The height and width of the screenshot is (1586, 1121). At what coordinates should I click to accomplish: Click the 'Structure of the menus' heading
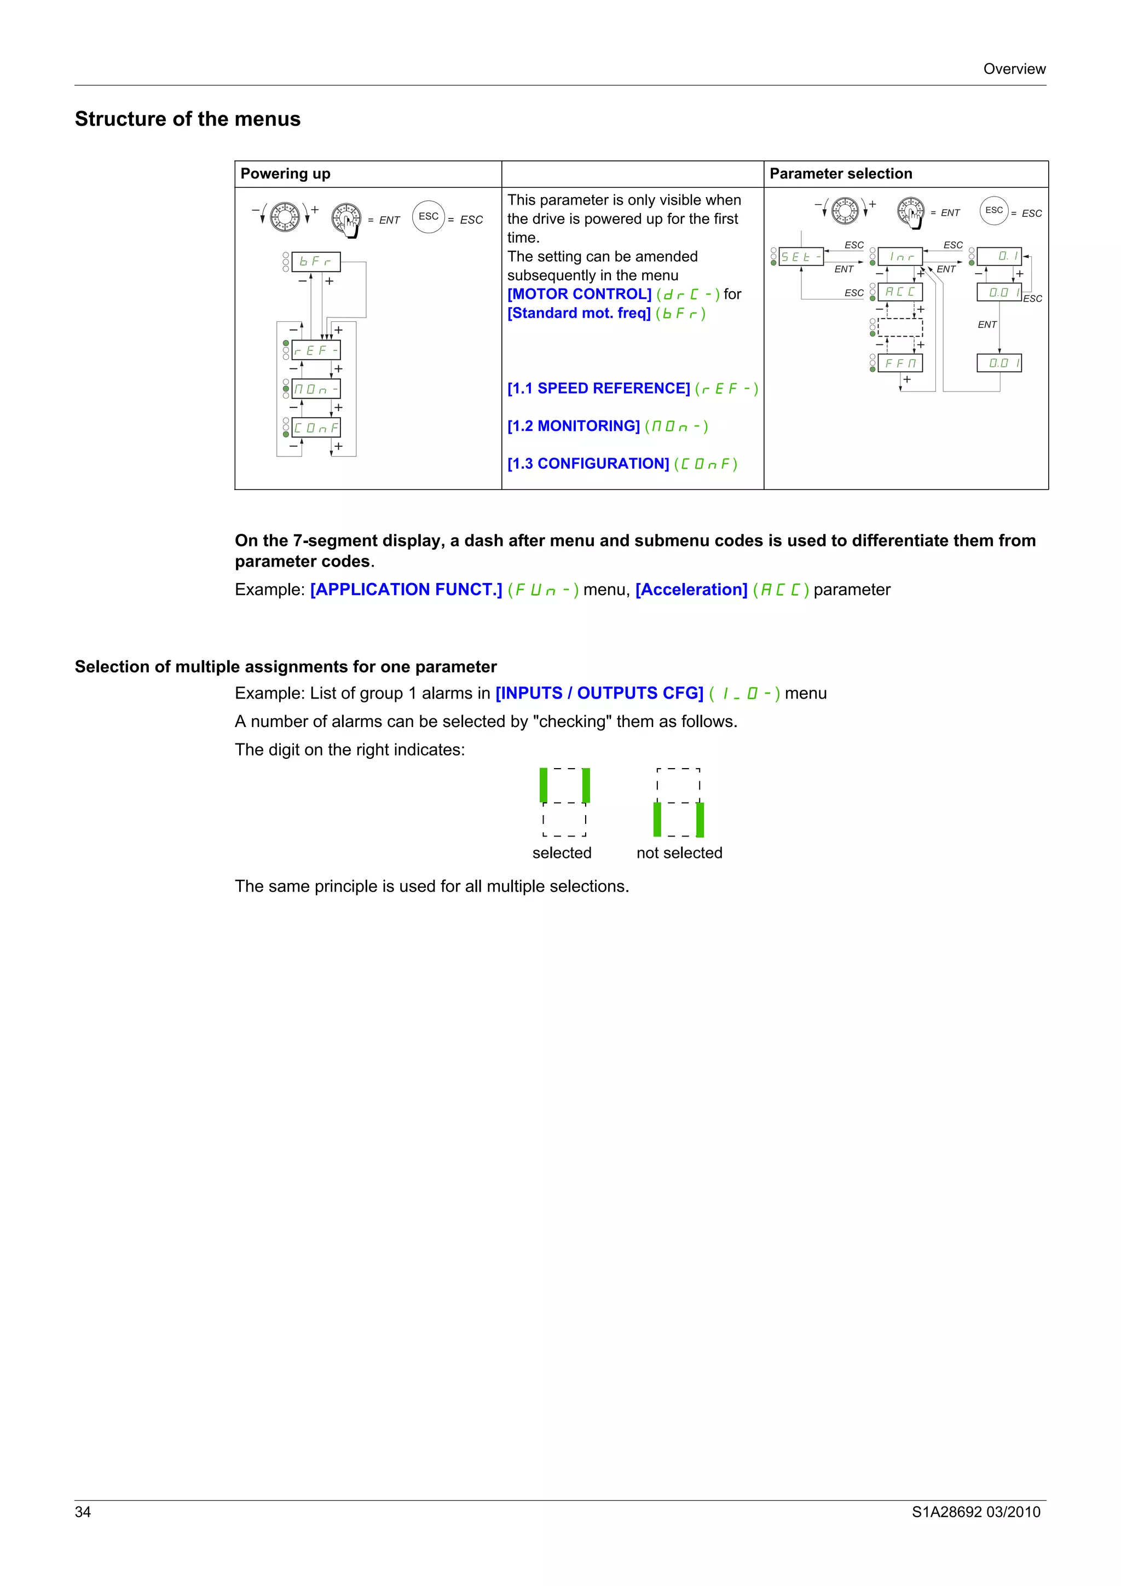tap(187, 119)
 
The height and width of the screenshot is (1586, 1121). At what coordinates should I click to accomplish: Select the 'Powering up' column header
tap(285, 174)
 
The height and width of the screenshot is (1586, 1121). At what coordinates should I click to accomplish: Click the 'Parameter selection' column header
tap(841, 174)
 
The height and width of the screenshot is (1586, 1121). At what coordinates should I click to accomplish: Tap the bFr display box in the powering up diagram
tap(316, 262)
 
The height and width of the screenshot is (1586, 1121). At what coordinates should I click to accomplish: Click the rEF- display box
tap(316, 350)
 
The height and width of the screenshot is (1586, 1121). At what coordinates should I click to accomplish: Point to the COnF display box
tap(316, 428)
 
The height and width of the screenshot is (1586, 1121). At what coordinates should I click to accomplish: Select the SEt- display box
tap(800, 257)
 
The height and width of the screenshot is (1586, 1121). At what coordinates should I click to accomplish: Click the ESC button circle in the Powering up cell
tap(428, 216)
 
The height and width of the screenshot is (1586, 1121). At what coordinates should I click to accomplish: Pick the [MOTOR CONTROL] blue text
tap(579, 295)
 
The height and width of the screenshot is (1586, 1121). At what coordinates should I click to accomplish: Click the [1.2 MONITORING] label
tap(573, 426)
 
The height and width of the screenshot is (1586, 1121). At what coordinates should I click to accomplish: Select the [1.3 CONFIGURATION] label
tap(588, 464)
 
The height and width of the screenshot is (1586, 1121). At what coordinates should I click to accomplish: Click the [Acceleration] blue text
tap(691, 590)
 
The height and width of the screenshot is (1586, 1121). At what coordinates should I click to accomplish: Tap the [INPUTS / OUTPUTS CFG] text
tap(599, 694)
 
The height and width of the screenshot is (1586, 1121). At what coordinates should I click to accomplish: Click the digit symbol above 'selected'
tap(564, 802)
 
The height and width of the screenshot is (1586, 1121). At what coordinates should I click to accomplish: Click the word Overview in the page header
tap(1014, 69)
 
